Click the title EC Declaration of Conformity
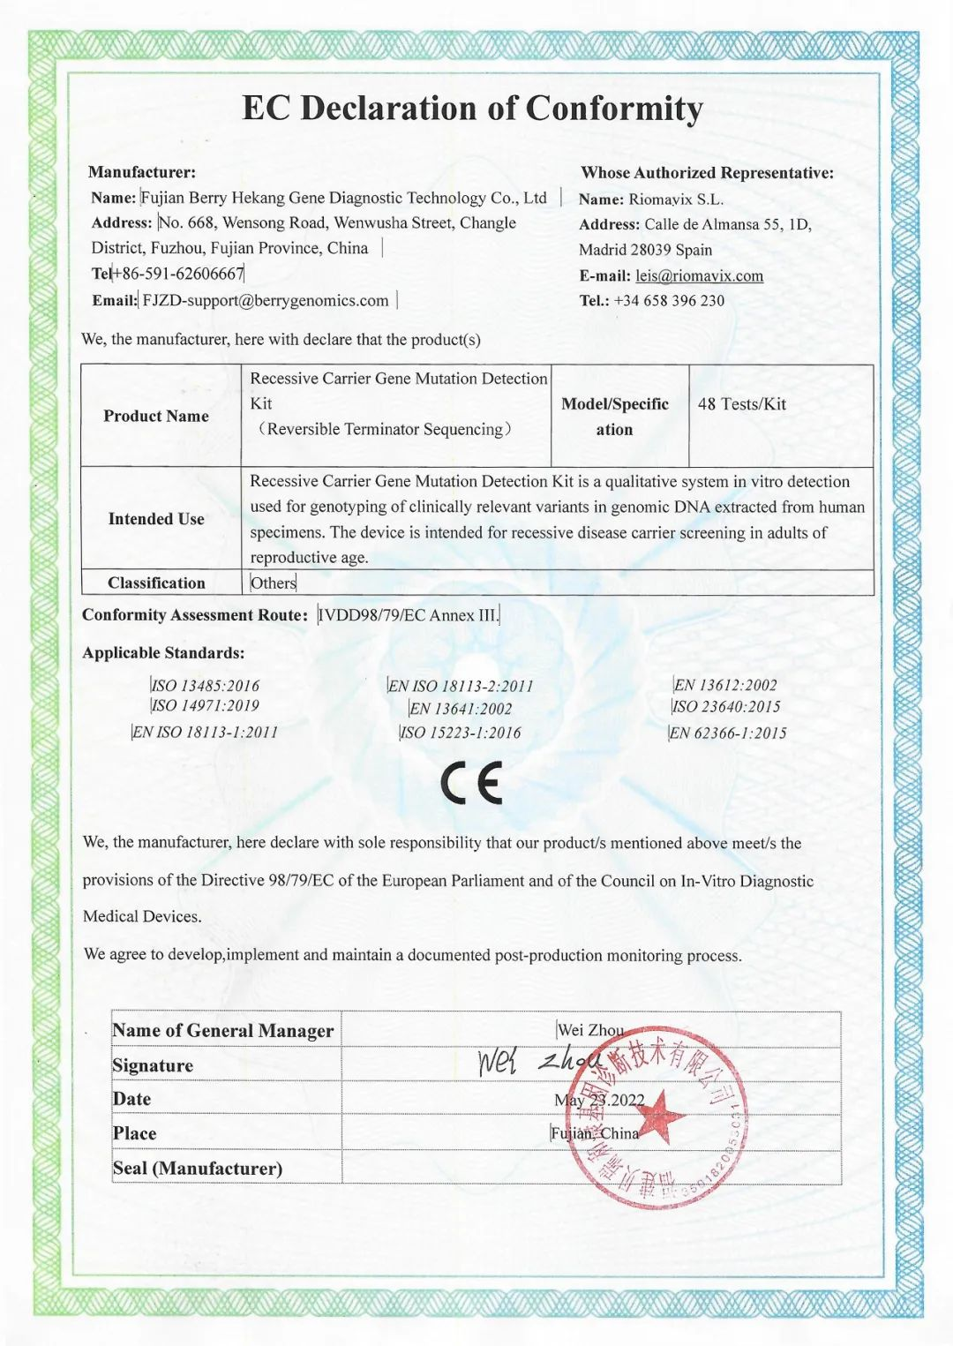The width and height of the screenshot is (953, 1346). point(472,109)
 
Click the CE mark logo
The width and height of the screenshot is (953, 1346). point(472,782)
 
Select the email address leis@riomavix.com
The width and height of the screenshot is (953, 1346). point(699,275)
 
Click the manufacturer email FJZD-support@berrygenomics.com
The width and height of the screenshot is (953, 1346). point(265,300)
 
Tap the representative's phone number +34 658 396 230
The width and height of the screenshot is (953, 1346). point(669,300)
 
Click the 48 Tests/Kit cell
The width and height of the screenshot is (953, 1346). point(741,404)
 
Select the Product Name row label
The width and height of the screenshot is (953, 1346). point(156,416)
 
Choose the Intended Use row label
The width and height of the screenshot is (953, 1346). point(156,519)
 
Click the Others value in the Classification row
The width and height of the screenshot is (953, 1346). point(274,583)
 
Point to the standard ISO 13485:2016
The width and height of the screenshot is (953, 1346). point(206,685)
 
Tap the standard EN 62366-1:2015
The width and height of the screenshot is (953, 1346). point(728,733)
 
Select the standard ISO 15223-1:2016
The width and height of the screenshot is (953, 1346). point(460,733)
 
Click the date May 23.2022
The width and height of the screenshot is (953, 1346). point(599,1100)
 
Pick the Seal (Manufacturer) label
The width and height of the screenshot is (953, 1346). point(198,1168)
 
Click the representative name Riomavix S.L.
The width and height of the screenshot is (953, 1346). point(676,199)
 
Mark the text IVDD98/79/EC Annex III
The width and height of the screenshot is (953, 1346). point(408,615)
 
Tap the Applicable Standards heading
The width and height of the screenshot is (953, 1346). point(163,653)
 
